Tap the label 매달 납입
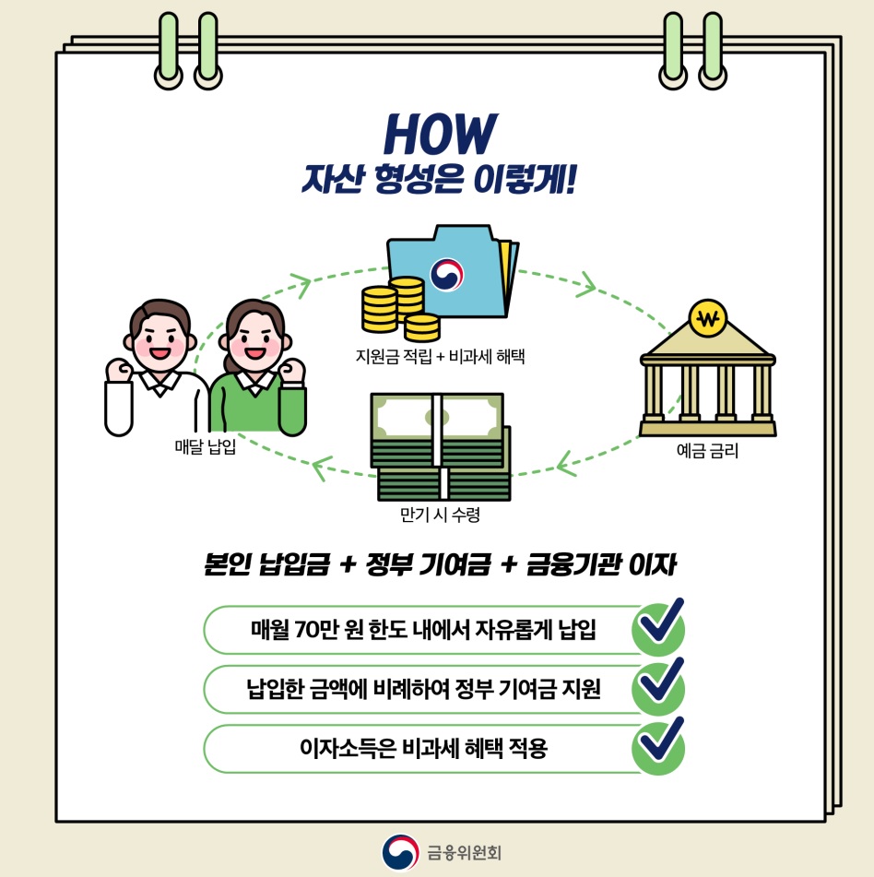point(205,448)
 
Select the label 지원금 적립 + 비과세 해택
point(440,355)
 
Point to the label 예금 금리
point(707,452)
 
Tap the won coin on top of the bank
point(708,320)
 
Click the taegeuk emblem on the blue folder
point(447,273)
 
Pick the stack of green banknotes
point(440,446)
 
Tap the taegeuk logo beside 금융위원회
point(400,852)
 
